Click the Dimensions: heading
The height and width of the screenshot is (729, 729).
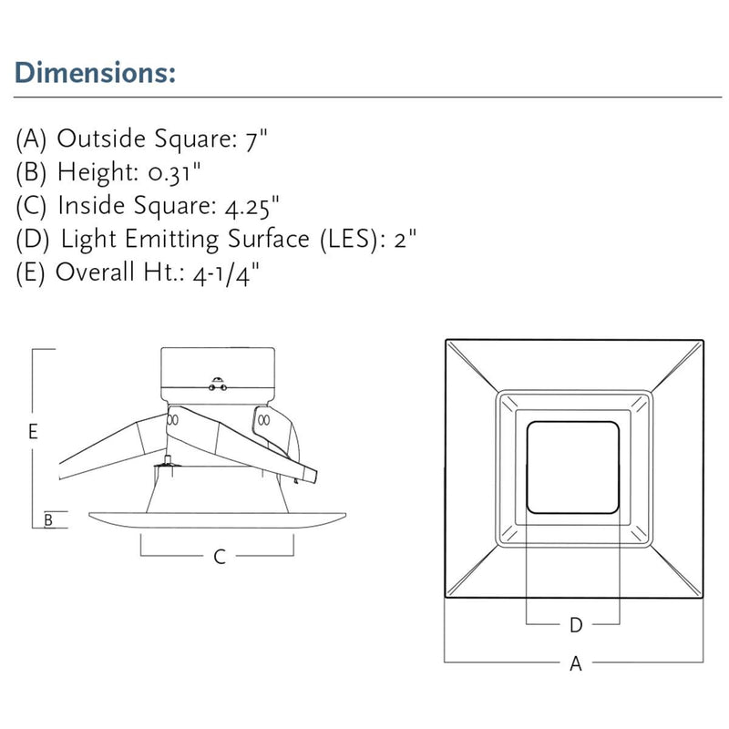[96, 73]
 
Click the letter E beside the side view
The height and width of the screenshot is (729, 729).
[33, 433]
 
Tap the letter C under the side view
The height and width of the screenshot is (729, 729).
[219, 557]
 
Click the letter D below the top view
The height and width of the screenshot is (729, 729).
[575, 625]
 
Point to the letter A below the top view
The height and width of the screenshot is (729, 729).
[575, 664]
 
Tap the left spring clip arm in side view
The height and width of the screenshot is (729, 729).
[105, 447]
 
